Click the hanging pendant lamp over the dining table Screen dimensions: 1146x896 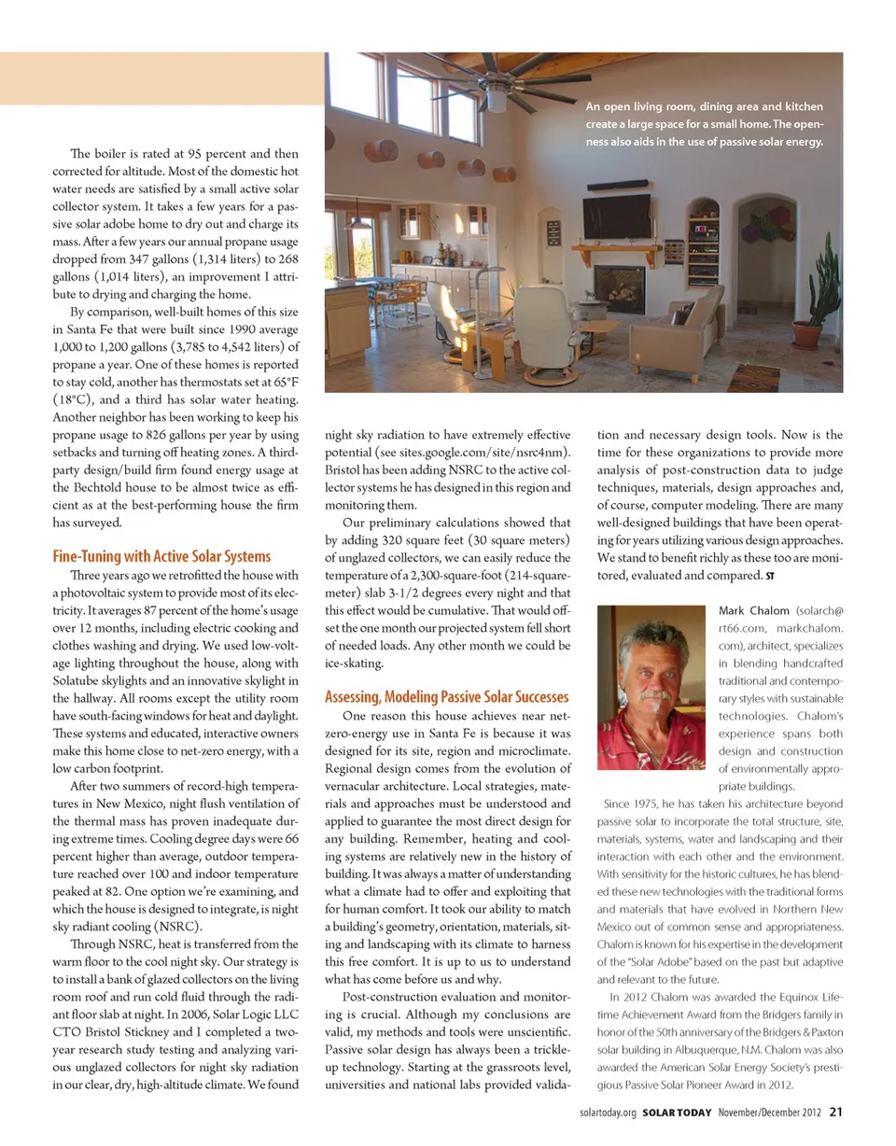(x=357, y=222)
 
